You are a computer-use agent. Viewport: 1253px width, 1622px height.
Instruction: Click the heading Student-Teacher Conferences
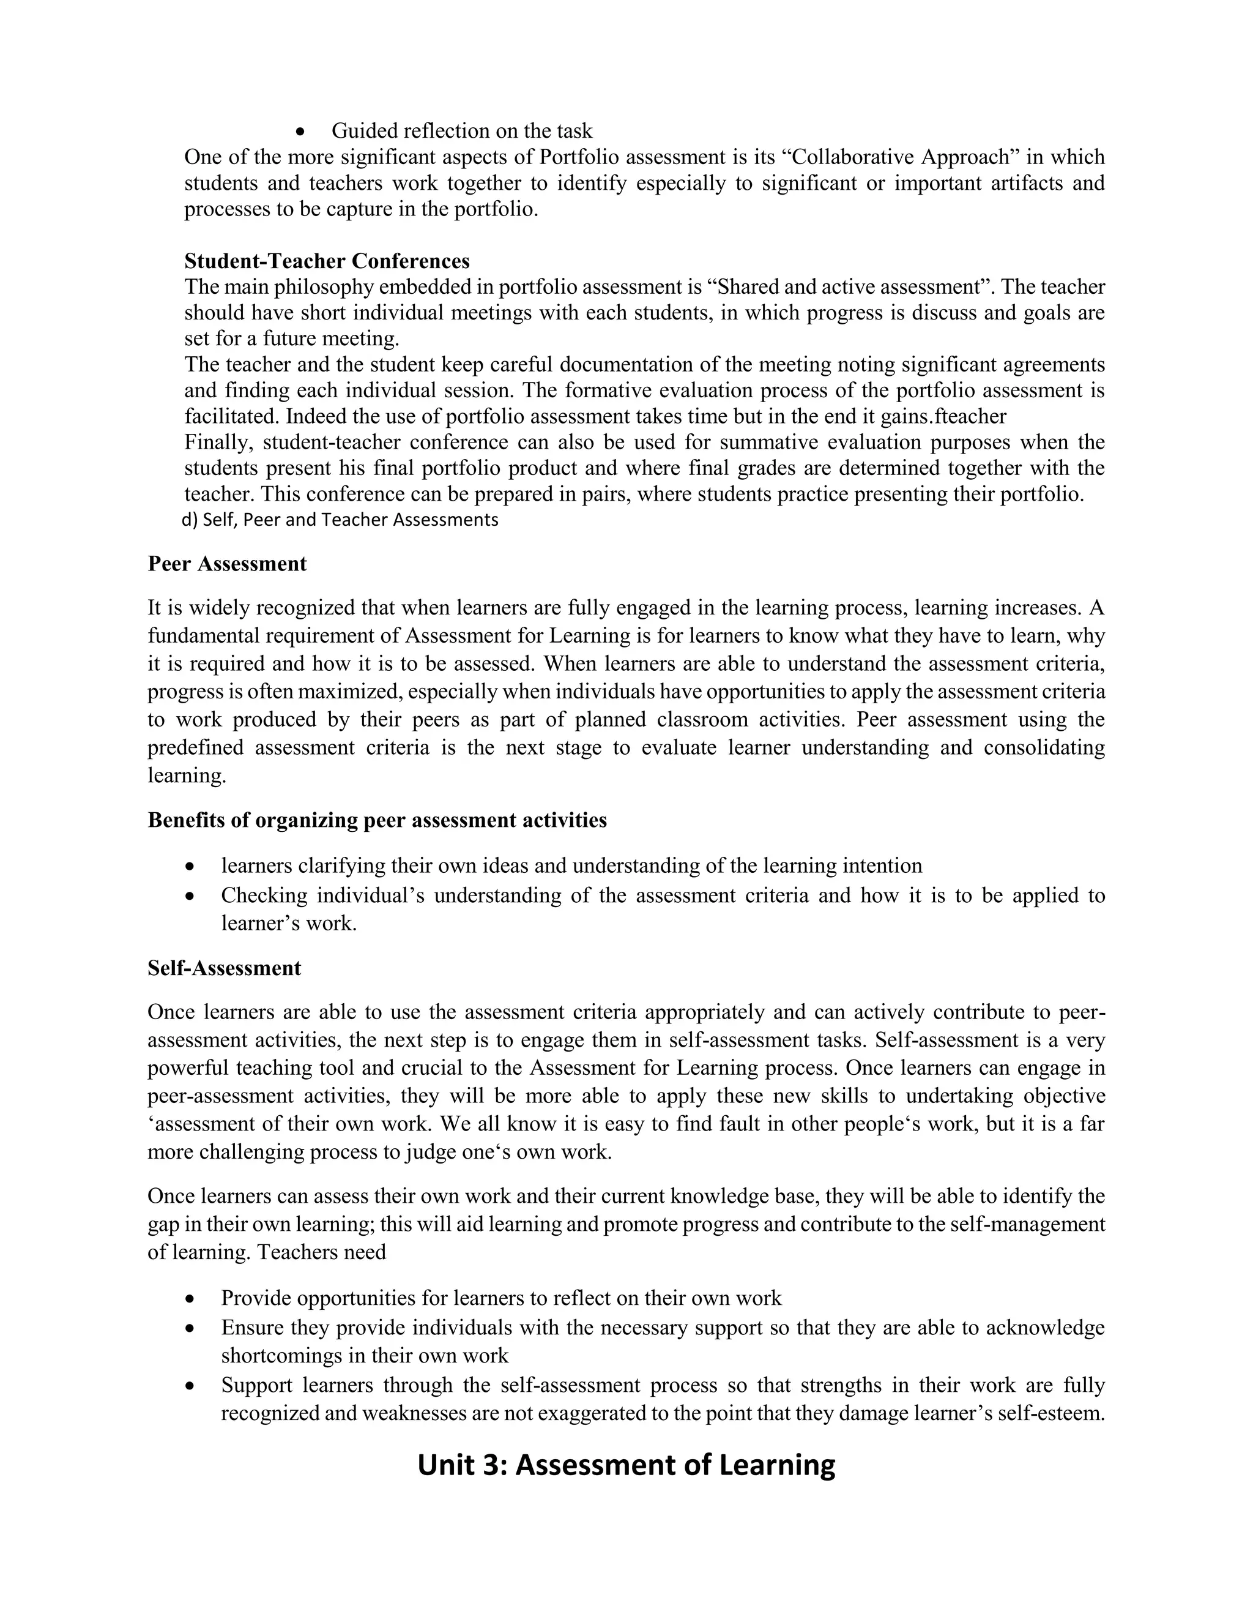(x=327, y=261)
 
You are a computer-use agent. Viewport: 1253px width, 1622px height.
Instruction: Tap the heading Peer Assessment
(x=227, y=564)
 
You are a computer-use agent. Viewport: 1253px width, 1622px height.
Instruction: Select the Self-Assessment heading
(x=224, y=968)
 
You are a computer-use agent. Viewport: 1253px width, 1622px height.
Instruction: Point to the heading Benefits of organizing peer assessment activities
(x=377, y=820)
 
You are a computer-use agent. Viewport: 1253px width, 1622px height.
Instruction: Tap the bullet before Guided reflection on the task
(x=300, y=132)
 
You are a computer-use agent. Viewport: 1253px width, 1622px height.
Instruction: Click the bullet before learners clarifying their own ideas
(x=191, y=867)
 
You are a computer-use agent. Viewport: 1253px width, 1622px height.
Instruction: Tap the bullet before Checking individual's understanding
(x=191, y=897)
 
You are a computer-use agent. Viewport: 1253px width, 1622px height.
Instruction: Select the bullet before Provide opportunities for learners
(x=191, y=1299)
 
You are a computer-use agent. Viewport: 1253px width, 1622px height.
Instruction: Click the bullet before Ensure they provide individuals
(x=191, y=1328)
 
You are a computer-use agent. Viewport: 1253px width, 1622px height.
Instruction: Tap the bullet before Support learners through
(x=191, y=1386)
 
